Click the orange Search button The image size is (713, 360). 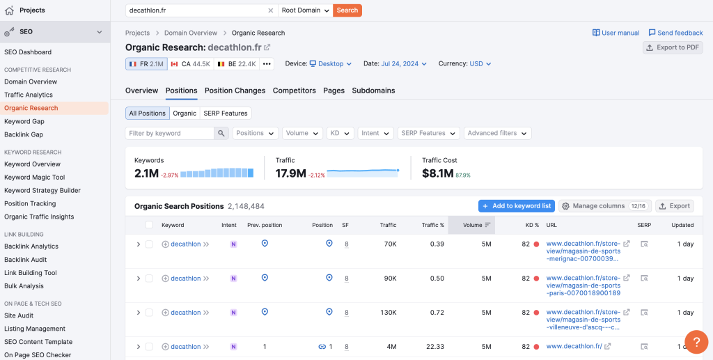(x=347, y=10)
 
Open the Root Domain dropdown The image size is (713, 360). (x=305, y=10)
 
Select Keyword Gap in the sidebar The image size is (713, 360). (x=24, y=121)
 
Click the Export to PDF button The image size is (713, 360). (x=673, y=47)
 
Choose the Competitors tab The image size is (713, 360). (x=294, y=91)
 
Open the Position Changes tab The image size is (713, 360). (x=235, y=91)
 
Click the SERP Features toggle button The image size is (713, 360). (x=225, y=113)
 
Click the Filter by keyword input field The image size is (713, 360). (x=170, y=133)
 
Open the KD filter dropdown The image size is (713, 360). (x=340, y=133)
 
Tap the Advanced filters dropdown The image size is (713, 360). (x=497, y=133)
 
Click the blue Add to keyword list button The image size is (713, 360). (x=516, y=206)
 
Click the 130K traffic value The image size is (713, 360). (x=388, y=313)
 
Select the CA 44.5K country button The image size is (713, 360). (x=190, y=64)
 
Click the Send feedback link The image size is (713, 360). (x=675, y=33)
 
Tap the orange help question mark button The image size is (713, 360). (x=696, y=342)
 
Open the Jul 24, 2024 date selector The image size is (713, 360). (x=400, y=64)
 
